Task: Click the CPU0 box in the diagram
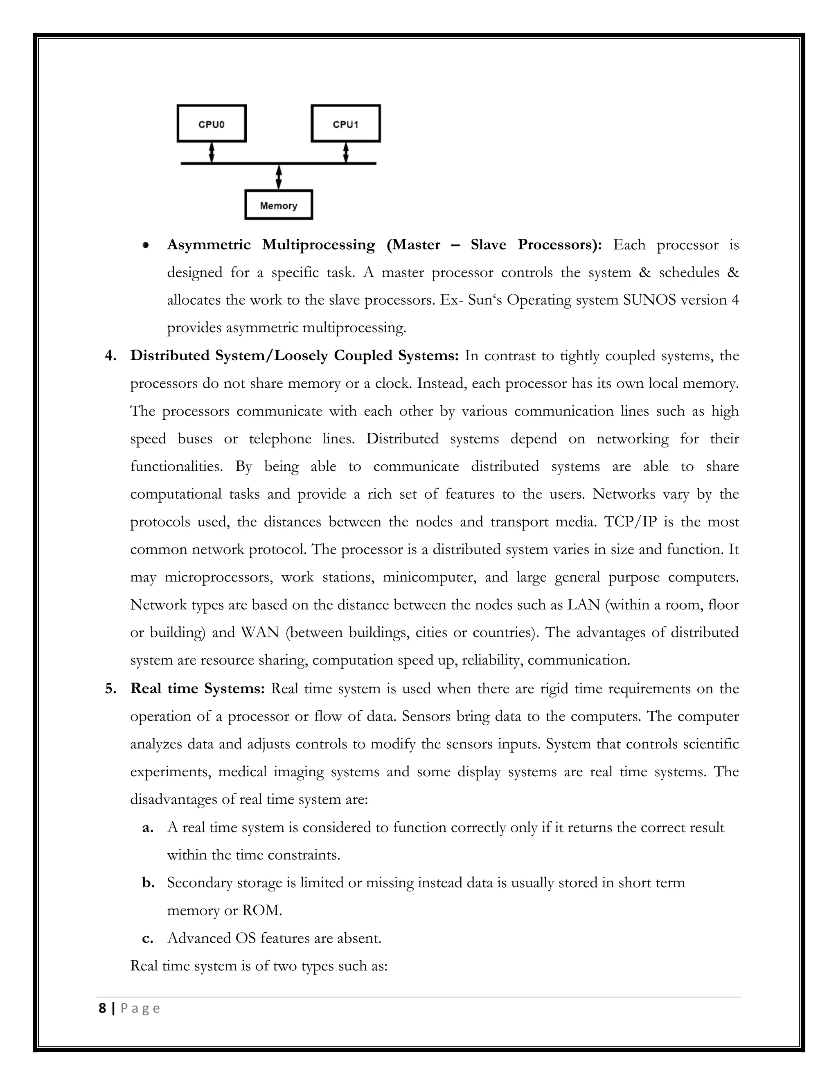212,124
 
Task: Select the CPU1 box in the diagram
345,124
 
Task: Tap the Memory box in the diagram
279,205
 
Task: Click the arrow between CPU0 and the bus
212,153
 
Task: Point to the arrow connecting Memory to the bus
279,177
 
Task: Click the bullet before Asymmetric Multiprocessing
145,245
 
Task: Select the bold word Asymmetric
209,244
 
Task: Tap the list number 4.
110,356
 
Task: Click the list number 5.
110,689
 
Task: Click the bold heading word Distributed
169,356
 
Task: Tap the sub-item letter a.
147,827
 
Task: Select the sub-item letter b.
147,883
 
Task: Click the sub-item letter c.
147,938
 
